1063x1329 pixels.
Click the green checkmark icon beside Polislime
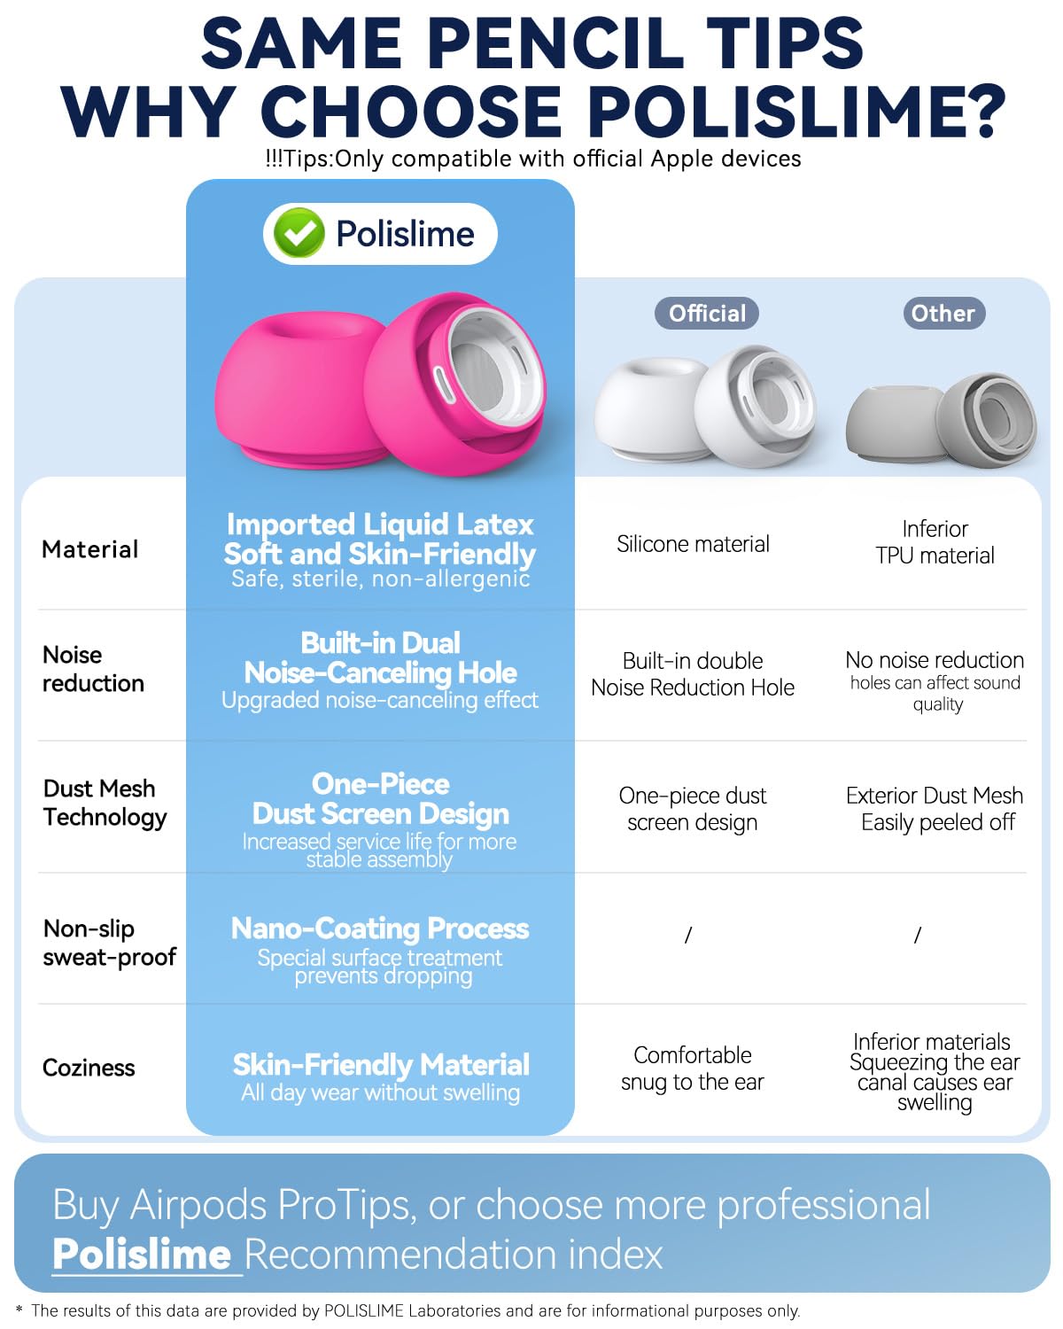(x=299, y=233)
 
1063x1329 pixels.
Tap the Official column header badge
(x=707, y=313)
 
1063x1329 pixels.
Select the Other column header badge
(x=943, y=313)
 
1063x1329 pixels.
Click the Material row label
(x=90, y=549)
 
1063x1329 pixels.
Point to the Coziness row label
(x=89, y=1067)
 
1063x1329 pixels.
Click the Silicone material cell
(x=693, y=543)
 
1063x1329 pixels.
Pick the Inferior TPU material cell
(x=935, y=541)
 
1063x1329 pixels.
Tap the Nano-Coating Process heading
(x=380, y=929)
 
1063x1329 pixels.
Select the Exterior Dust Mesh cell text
(x=935, y=808)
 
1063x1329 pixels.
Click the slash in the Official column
(x=688, y=935)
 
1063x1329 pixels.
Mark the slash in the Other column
(x=917, y=935)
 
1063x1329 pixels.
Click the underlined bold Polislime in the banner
(x=142, y=1255)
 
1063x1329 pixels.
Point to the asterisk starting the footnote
(x=19, y=1309)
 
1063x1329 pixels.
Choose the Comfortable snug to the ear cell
(x=693, y=1069)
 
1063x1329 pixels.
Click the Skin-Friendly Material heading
(x=381, y=1064)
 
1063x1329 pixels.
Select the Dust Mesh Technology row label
(x=105, y=803)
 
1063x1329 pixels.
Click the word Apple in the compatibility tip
(x=682, y=159)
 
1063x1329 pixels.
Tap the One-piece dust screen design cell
(x=693, y=808)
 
